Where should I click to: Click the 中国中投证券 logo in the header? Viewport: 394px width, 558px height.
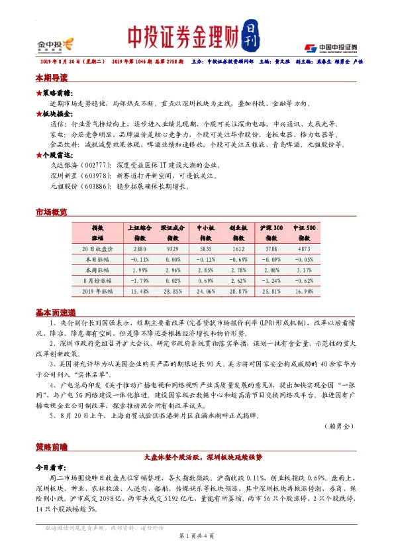(330, 47)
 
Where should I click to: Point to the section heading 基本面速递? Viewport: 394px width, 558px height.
(55, 312)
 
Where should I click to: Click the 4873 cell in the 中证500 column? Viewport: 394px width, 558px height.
(304, 249)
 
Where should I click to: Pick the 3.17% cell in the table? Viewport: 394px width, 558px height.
(304, 270)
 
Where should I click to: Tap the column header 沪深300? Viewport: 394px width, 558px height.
(268, 227)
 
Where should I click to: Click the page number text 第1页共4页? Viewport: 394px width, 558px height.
(197, 535)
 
